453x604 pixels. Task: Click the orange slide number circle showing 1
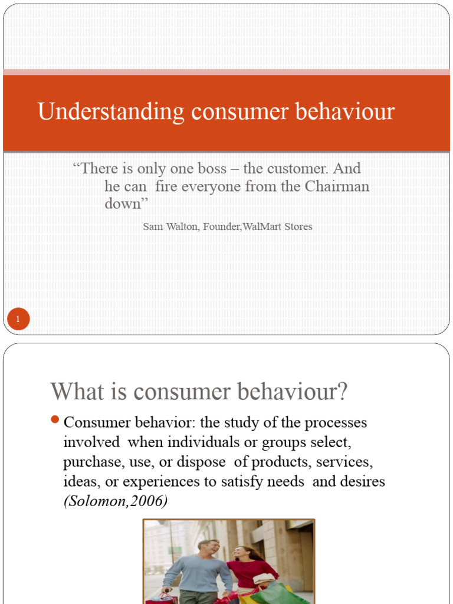18,320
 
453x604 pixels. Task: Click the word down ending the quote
122,204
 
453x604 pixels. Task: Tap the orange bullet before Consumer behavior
55,420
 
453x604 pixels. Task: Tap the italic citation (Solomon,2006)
115,501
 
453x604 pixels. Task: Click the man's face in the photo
207,547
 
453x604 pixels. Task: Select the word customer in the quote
297,169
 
